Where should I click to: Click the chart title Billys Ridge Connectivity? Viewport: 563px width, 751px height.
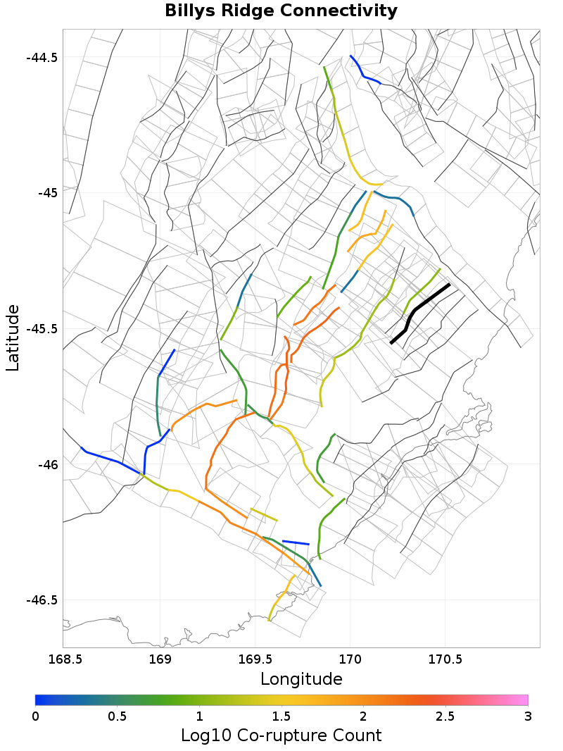(x=281, y=11)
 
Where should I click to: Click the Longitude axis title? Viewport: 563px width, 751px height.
(x=301, y=679)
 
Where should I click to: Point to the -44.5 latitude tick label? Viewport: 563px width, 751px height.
(x=42, y=57)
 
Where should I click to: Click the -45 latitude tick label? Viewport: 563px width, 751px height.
(x=47, y=193)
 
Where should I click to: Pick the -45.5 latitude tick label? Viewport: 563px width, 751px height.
(x=42, y=329)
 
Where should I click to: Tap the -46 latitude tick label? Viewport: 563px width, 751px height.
(x=47, y=465)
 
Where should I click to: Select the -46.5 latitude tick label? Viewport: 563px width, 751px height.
(x=42, y=600)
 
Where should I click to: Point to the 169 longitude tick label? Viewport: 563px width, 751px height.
(x=161, y=659)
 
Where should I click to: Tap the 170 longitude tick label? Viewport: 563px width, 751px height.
(x=350, y=659)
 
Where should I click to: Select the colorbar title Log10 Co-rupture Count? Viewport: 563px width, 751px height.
(x=281, y=736)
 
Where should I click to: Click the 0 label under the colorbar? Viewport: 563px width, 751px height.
(x=36, y=716)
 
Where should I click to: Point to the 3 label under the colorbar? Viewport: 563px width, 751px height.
(x=527, y=716)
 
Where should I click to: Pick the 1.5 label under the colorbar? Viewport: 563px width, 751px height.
(x=281, y=716)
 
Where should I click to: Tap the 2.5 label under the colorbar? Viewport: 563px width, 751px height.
(x=445, y=716)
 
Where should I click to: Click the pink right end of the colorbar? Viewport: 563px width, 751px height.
(x=524, y=700)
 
